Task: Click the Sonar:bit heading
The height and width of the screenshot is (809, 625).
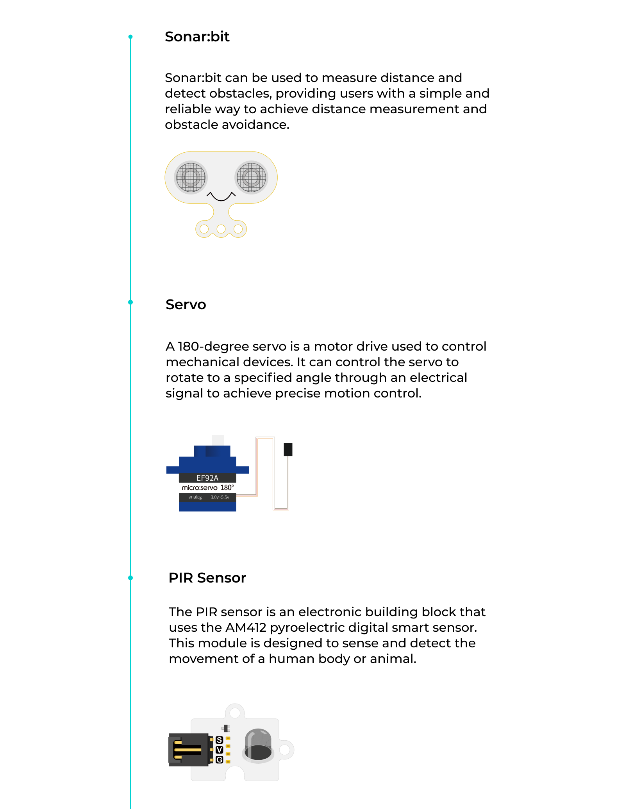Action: pyautogui.click(x=197, y=37)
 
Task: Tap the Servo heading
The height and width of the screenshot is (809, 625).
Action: pyautogui.click(x=186, y=305)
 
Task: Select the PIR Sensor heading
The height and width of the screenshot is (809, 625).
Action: pyautogui.click(x=207, y=578)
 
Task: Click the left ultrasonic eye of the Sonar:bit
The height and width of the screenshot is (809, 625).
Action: pyautogui.click(x=191, y=177)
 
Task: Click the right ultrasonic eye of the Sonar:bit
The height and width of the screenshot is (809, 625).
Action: pyautogui.click(x=251, y=177)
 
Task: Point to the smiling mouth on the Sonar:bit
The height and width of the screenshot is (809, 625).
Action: pyautogui.click(x=221, y=196)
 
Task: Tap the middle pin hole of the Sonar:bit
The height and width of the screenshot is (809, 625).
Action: pyautogui.click(x=221, y=229)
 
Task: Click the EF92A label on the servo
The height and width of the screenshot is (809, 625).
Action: pyautogui.click(x=207, y=478)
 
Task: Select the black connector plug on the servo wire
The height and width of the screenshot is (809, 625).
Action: pyautogui.click(x=288, y=449)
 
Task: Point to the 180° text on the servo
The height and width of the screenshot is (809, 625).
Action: pyautogui.click(x=227, y=488)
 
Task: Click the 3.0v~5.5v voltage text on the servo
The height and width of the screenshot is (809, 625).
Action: pyautogui.click(x=220, y=497)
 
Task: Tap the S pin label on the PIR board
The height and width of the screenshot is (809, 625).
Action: pyautogui.click(x=219, y=740)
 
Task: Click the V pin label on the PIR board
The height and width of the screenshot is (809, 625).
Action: pyautogui.click(x=219, y=750)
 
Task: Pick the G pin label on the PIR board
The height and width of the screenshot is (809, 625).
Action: pyautogui.click(x=219, y=760)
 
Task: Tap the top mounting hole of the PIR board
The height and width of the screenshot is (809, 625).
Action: pyautogui.click(x=235, y=713)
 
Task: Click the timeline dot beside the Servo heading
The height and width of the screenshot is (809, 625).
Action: pyautogui.click(x=130, y=302)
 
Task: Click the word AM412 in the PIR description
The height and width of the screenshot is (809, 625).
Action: pyautogui.click(x=246, y=627)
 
